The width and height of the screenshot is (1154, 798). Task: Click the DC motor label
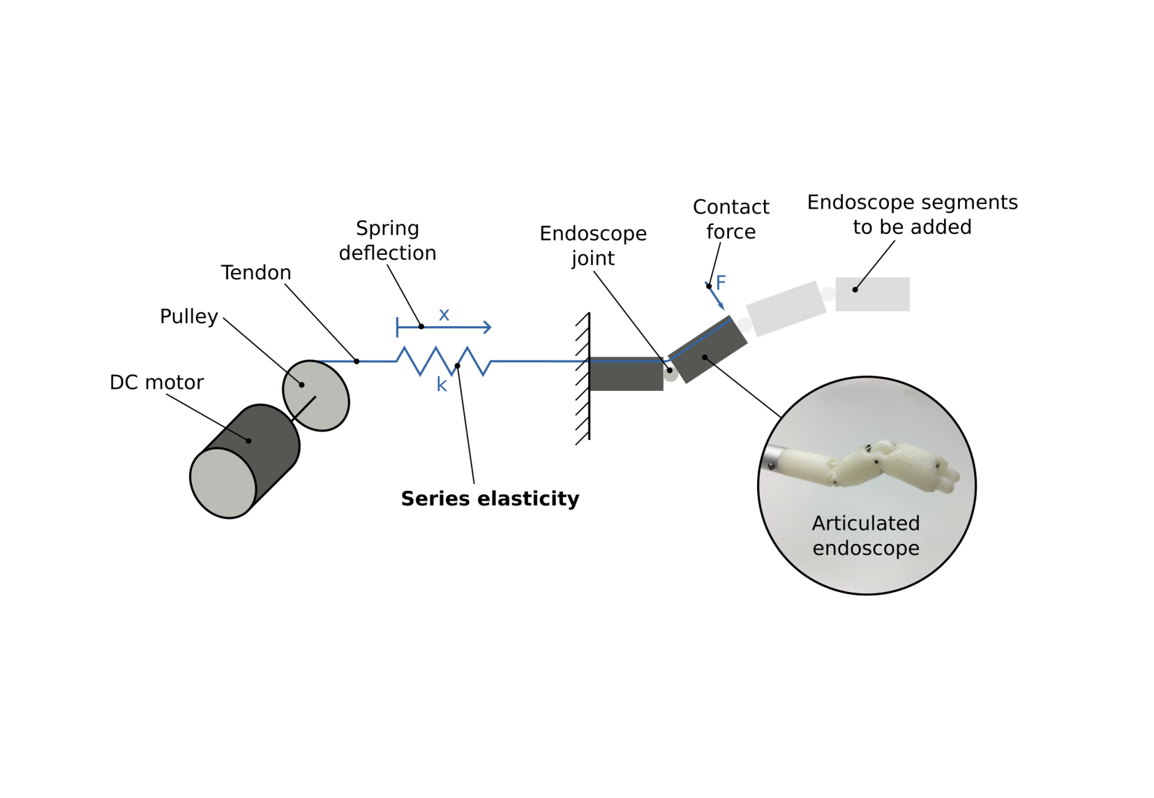click(156, 383)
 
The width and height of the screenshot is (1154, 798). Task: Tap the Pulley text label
click(188, 316)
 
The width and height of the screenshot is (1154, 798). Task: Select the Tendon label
click(255, 272)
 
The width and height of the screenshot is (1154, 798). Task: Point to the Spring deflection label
click(387, 240)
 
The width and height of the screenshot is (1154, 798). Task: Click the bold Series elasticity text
click(490, 498)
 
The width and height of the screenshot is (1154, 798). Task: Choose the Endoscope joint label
click(593, 245)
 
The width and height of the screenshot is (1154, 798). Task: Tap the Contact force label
click(730, 219)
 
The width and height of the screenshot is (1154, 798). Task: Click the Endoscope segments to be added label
click(912, 214)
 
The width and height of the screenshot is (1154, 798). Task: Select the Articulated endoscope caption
click(866, 535)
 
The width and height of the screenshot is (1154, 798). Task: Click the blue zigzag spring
click(444, 361)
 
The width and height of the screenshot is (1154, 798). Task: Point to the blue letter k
click(442, 385)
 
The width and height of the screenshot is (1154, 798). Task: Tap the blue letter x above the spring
click(444, 315)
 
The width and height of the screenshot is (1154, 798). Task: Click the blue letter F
click(721, 283)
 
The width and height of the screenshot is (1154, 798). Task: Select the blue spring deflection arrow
click(454, 327)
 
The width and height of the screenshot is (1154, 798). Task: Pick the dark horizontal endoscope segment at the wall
click(626, 375)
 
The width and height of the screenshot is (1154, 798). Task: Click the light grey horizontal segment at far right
click(872, 294)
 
